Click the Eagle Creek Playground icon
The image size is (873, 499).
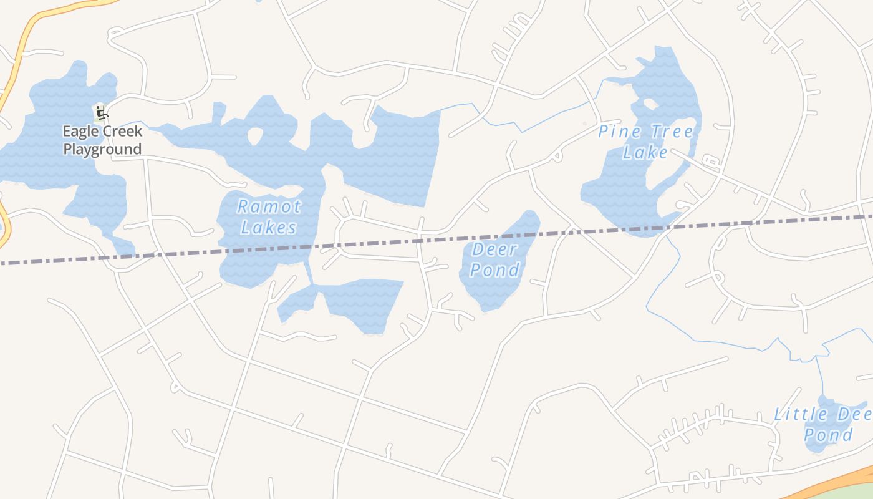[x=102, y=113]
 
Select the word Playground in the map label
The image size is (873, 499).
[x=102, y=149]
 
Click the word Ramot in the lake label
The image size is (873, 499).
[x=269, y=207]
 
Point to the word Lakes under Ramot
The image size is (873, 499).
[x=269, y=228]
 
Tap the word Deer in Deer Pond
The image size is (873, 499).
[x=494, y=250]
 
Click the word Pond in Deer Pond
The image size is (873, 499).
[x=494, y=270]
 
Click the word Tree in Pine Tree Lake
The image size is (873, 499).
[x=669, y=132]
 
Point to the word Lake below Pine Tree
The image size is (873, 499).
[x=645, y=153]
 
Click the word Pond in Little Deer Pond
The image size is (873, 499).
[x=828, y=435]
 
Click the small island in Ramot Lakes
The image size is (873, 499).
[x=256, y=137]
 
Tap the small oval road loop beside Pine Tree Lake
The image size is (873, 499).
[x=710, y=163]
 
